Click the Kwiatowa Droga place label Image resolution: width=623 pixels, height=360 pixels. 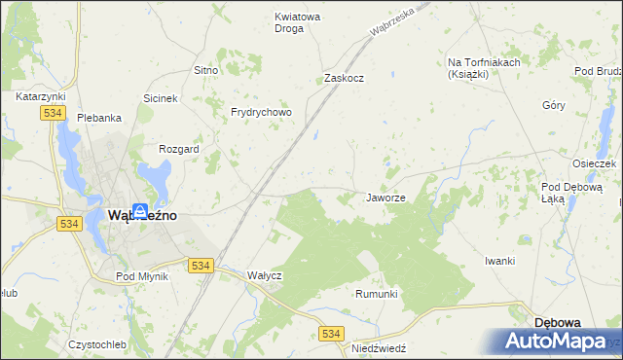[298, 22]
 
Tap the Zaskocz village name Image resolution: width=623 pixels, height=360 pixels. [344, 78]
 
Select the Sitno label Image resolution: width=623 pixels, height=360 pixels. [205, 71]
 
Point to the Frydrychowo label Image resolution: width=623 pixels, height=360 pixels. [261, 112]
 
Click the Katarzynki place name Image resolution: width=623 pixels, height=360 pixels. [40, 97]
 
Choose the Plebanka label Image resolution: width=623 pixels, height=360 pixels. [98, 118]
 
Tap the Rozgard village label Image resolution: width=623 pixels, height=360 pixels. [178, 149]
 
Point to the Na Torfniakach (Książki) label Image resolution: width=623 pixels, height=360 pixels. [484, 68]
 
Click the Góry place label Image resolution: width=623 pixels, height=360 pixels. [553, 106]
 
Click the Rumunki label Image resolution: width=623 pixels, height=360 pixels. [377, 294]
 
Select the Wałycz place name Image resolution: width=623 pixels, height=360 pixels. [265, 275]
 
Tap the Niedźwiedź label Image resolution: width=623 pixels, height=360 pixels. [379, 347]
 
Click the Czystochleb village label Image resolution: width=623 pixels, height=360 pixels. [98, 344]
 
